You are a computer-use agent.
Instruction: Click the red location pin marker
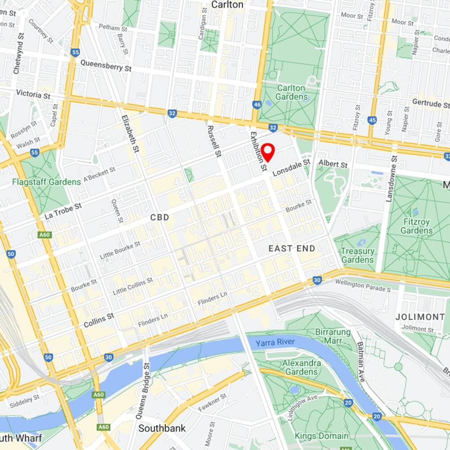pyautogui.click(x=268, y=152)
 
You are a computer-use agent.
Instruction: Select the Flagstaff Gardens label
pyautogui.click(x=46, y=182)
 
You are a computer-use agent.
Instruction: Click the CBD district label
pyautogui.click(x=160, y=217)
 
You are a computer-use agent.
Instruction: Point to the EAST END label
pyautogui.click(x=292, y=248)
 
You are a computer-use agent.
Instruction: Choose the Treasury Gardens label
pyautogui.click(x=357, y=255)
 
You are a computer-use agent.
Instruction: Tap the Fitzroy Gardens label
pyautogui.click(x=417, y=226)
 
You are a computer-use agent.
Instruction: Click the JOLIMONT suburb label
pyautogui.click(x=420, y=317)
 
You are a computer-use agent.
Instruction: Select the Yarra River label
pyautogui.click(x=275, y=342)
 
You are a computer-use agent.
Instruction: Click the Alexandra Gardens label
pyautogui.click(x=301, y=367)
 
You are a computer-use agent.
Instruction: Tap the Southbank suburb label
pyautogui.click(x=162, y=428)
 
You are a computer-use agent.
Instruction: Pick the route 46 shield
pyautogui.click(x=257, y=104)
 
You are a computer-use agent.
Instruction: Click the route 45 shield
pyautogui.click(x=372, y=120)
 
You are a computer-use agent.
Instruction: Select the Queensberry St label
pyautogui.click(x=106, y=66)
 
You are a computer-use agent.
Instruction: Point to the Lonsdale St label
pyautogui.click(x=292, y=167)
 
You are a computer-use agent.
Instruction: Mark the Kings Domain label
pyautogui.click(x=321, y=436)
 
